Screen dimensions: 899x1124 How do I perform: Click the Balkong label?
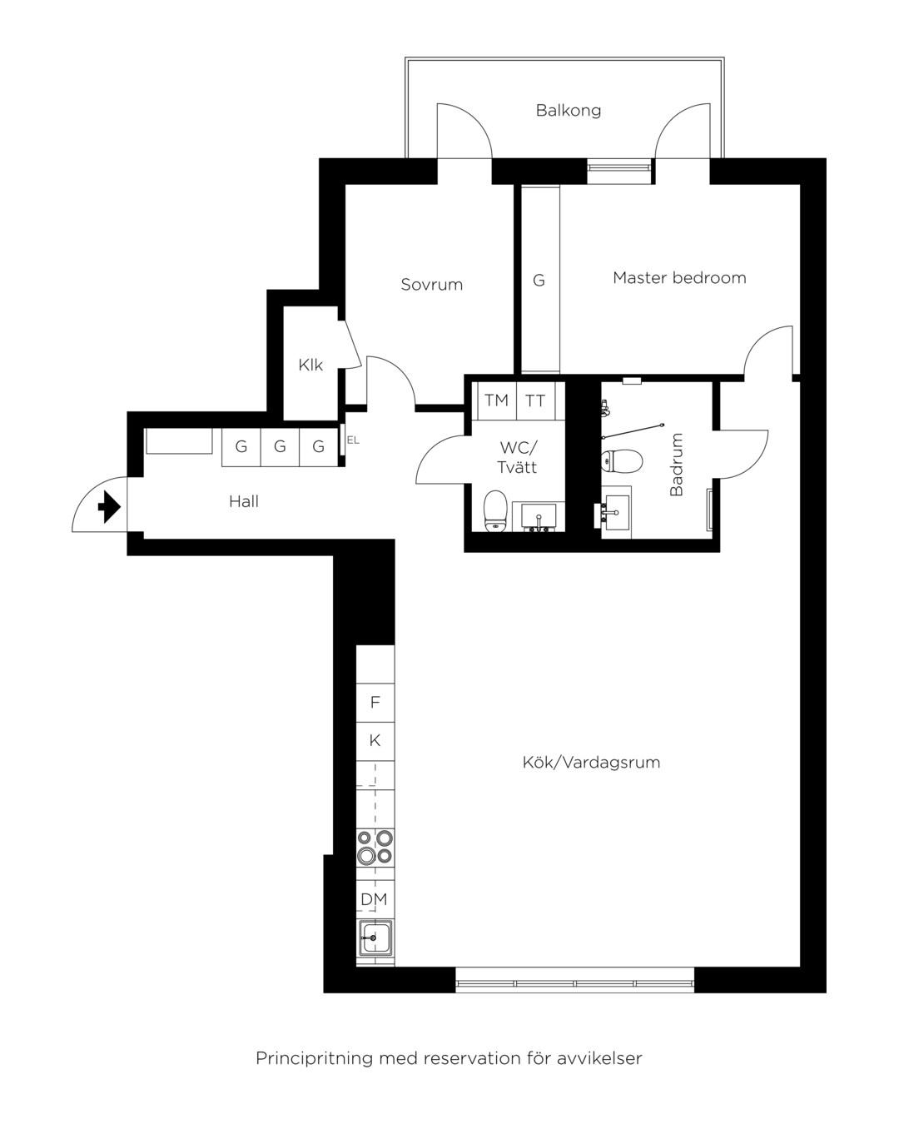coord(568,110)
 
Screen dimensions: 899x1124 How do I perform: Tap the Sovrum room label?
coord(431,284)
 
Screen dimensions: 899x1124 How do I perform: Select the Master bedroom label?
coord(679,277)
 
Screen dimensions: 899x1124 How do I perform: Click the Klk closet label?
coord(310,365)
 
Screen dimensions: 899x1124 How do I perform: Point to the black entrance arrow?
coord(109,506)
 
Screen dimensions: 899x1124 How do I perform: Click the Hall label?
coord(243,501)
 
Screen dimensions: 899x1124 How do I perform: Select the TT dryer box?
coord(535,400)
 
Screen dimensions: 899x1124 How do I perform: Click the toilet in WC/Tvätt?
coord(495,510)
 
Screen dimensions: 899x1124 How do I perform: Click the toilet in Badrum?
coord(621,460)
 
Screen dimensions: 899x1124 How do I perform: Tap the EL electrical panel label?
coord(353,440)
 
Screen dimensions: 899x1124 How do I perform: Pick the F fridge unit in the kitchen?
coord(375,703)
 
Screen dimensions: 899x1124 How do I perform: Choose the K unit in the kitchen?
coord(375,741)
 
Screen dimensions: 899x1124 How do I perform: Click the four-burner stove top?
coord(375,847)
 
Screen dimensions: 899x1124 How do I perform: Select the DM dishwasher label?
coord(374,899)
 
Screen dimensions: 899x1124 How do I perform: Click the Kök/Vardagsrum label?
coord(591,762)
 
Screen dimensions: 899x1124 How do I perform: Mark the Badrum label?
coord(676,465)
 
